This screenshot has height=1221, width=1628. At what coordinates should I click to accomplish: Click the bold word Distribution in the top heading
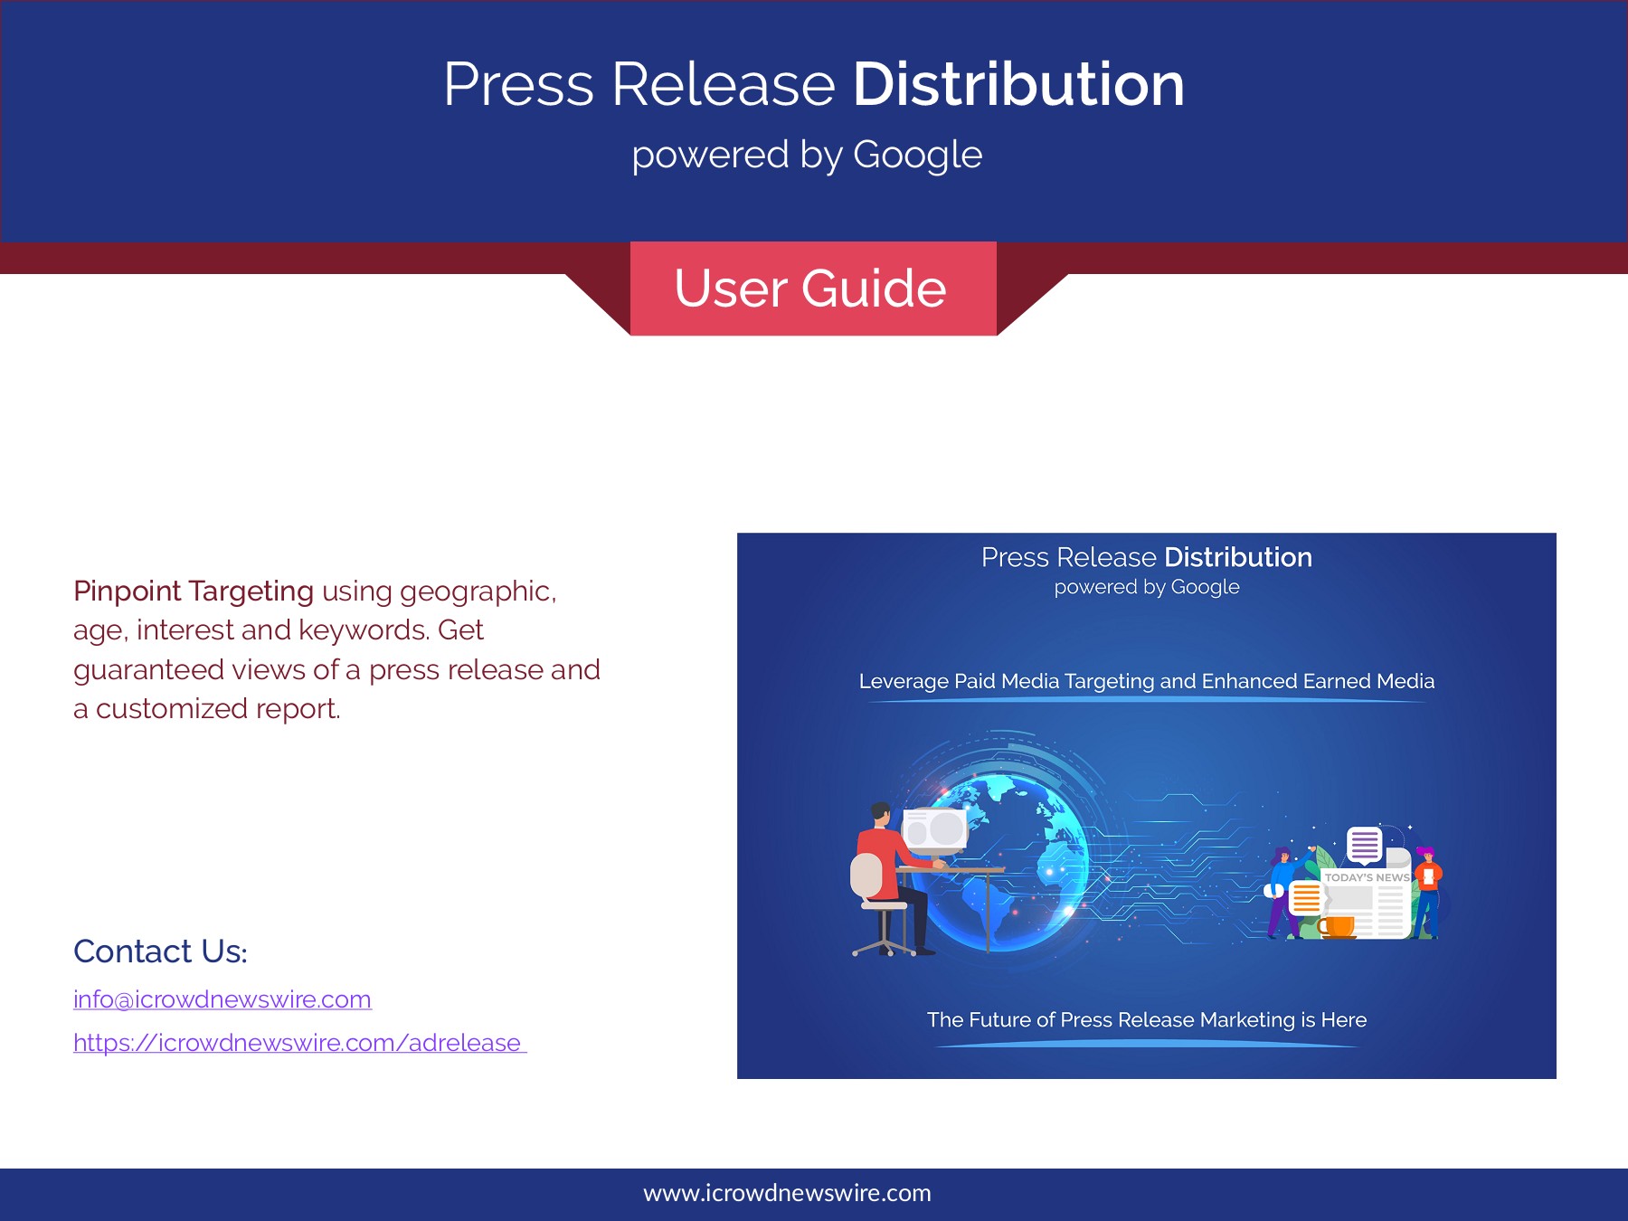coord(1018,84)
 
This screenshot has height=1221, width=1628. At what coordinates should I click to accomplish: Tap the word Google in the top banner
coord(918,156)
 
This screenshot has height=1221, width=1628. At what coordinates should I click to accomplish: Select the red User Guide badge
coord(813,289)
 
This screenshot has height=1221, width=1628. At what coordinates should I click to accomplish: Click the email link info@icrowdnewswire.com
coord(222,999)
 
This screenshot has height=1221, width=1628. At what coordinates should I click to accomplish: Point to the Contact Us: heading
coord(160,951)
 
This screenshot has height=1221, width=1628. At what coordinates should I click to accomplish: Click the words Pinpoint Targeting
coord(194,592)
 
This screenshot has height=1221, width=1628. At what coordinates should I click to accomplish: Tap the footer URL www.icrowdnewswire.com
coord(787,1193)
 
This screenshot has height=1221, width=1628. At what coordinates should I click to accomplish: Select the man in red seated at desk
coord(891,873)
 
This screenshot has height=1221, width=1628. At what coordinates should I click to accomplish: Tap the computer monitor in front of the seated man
coord(935,828)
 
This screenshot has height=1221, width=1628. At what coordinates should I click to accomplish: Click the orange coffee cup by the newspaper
coord(1337,927)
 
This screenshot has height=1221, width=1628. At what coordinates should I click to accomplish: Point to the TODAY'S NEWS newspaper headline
coord(1367,877)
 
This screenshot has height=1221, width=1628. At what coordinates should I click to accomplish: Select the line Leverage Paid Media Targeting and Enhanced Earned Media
coord(1147,681)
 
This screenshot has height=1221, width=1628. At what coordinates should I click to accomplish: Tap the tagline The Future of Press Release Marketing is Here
coord(1147,1020)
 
